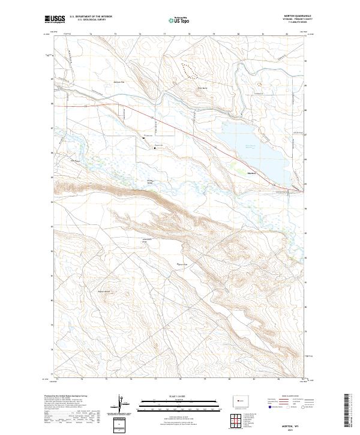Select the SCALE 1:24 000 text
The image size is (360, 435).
pyautogui.click(x=178, y=396)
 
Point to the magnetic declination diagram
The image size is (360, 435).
pyautogui.click(x=122, y=404)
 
